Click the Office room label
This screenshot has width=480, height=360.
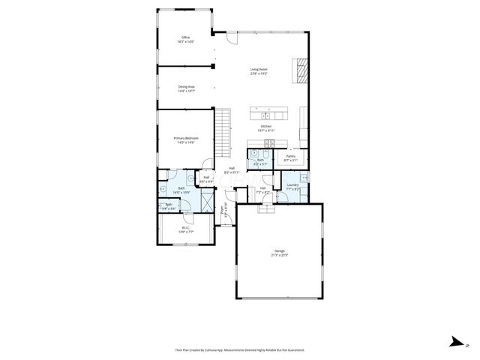[185, 37]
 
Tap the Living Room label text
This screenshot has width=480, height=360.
[259, 70]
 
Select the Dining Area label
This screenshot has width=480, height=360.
[187, 87]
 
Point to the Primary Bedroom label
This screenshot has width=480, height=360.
[184, 138]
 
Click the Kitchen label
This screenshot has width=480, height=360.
[266, 127]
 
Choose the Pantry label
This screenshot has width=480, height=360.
[290, 156]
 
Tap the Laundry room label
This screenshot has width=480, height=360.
[292, 184]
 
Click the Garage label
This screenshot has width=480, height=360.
[279, 250]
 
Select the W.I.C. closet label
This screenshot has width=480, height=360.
[184, 228]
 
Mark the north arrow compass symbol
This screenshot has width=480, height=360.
[454, 342]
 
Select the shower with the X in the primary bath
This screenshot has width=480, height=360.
[207, 200]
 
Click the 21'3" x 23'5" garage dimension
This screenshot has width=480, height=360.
[279, 255]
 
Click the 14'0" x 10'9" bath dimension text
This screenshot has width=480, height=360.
[181, 192]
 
